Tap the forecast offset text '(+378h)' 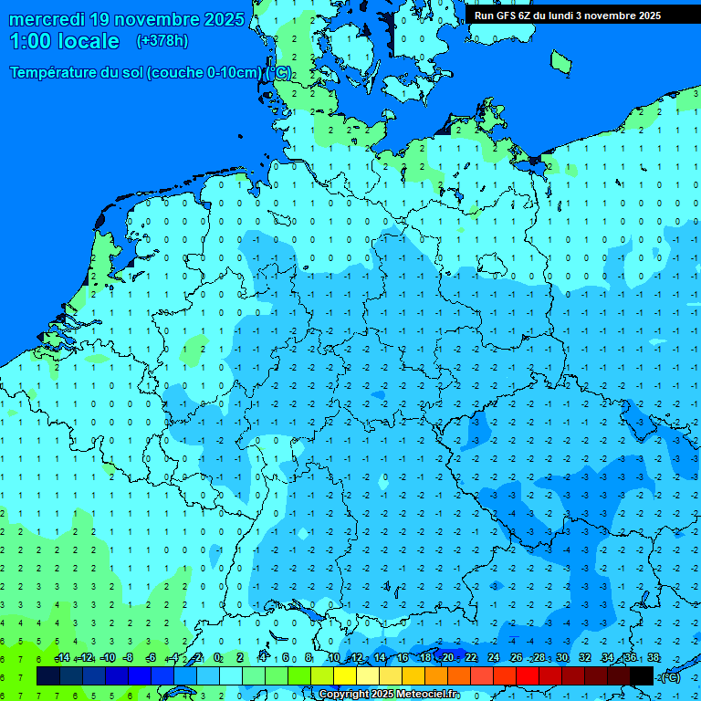pyautogui.click(x=162, y=41)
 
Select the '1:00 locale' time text pyautogui.click(x=65, y=41)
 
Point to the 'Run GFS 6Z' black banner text pyautogui.click(x=510, y=16)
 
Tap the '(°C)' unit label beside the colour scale pyautogui.click(x=669, y=676)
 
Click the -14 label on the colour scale pyautogui.click(x=62, y=658)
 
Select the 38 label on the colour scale pyautogui.click(x=653, y=658)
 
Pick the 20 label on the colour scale pyautogui.click(x=447, y=658)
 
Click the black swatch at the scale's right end pyautogui.click(x=642, y=676)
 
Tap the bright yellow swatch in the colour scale pyautogui.click(x=345, y=676)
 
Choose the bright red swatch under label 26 pyautogui.click(x=528, y=676)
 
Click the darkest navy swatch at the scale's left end pyautogui.click(x=48, y=676)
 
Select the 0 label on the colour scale pyautogui.click(x=217, y=658)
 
